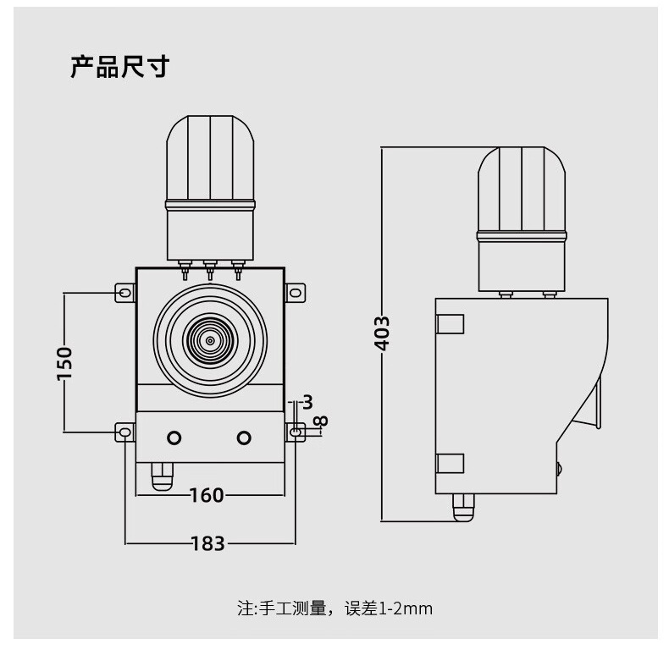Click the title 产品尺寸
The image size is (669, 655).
120,67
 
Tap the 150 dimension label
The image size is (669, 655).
65,363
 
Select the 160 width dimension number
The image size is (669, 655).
207,496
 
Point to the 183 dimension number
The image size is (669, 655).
207,543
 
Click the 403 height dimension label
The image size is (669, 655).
382,333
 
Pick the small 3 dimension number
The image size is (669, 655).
307,402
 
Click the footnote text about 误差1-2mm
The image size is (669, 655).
335,608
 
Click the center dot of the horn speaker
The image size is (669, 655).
210,341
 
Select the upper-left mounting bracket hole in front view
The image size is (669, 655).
125,293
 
